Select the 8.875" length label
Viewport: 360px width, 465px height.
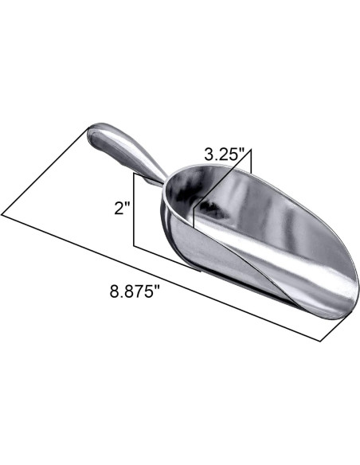[135, 291]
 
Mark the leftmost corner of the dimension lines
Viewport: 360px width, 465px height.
[3, 213]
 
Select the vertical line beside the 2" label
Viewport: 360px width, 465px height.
[134, 211]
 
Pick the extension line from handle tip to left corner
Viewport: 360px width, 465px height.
[44, 172]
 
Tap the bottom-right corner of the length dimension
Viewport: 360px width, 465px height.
[322, 340]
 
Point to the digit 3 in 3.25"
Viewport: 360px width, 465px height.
[208, 154]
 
